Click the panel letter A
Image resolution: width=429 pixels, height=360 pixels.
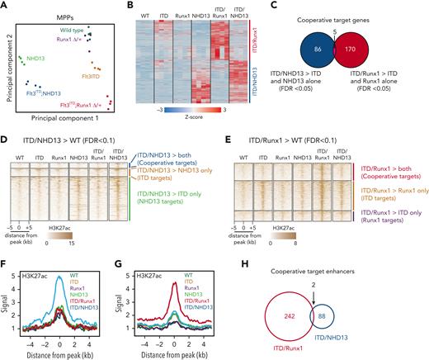[5, 6]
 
